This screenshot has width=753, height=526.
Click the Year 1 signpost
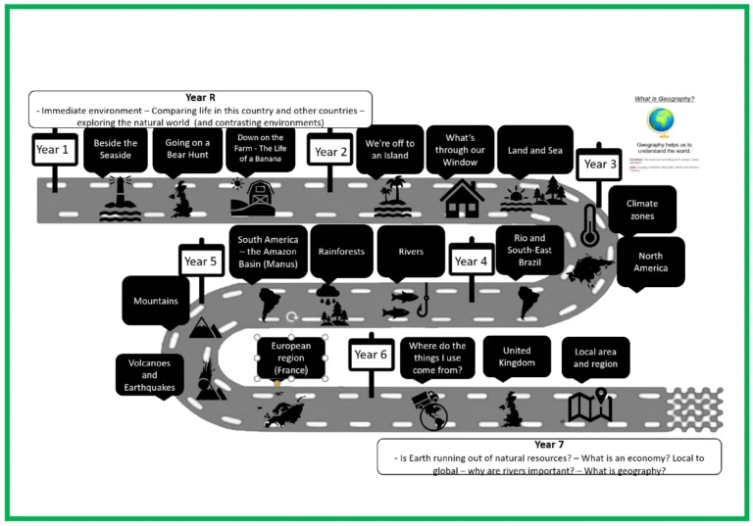(x=53, y=150)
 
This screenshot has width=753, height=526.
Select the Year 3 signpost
(x=600, y=165)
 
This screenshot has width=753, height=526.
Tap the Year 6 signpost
(x=372, y=355)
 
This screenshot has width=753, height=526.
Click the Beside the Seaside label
(x=116, y=149)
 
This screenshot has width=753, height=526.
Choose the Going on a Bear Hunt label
(x=186, y=149)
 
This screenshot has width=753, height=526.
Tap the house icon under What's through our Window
(x=462, y=197)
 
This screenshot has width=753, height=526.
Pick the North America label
(x=650, y=263)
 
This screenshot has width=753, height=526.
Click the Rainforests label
(x=341, y=252)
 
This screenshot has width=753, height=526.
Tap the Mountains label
(x=155, y=301)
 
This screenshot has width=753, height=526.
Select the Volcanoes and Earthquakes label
(x=149, y=374)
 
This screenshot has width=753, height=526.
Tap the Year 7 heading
(x=549, y=445)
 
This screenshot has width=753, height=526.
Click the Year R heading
(x=193, y=97)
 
